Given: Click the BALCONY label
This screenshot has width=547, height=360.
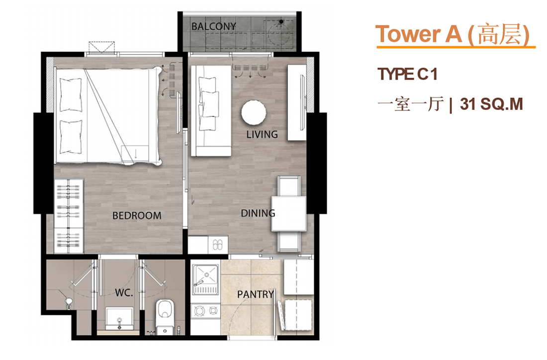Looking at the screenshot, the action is [x=213, y=26].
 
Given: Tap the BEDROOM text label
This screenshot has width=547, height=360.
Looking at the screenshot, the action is [x=137, y=216].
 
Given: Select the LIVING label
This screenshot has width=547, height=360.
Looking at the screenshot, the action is [x=262, y=134].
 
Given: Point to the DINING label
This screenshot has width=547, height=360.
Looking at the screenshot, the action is [x=258, y=213].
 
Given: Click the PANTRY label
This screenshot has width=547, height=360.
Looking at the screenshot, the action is [x=256, y=294].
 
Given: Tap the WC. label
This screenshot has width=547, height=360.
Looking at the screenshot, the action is [x=124, y=293].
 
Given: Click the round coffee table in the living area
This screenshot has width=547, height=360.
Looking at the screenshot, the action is [x=254, y=113].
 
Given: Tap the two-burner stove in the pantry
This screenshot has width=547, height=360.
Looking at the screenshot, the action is [x=206, y=310].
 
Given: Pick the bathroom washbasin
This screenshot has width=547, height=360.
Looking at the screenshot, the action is [x=119, y=318].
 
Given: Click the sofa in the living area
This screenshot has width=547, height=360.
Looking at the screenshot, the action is [x=211, y=110].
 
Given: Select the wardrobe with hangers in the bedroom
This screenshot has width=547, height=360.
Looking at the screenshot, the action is [x=69, y=216].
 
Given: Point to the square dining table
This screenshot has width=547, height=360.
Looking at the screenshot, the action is [x=289, y=213].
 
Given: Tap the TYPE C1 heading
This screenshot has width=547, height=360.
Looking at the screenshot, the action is [x=407, y=74].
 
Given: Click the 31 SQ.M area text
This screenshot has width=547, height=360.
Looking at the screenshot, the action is [x=491, y=104].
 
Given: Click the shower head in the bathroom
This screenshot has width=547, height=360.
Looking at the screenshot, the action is [x=69, y=301].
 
